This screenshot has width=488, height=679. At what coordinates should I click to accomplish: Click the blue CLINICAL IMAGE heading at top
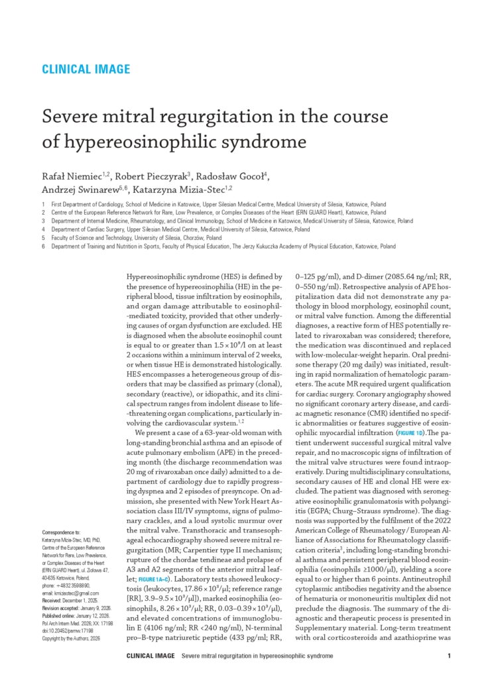(x=86, y=69)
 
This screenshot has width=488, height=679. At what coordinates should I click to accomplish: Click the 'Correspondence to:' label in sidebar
(x=61, y=532)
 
